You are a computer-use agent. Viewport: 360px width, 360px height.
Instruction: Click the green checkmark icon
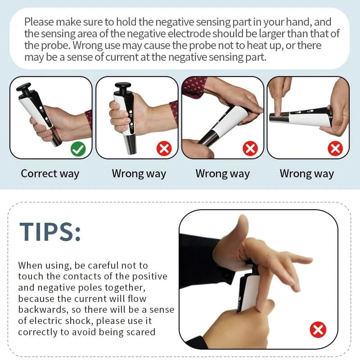pos(78,149)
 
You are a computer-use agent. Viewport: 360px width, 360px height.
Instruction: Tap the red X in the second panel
pos(164,148)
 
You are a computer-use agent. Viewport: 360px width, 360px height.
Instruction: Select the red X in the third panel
pos(250,148)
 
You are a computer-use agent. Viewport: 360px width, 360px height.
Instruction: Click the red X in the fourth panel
pos(335,148)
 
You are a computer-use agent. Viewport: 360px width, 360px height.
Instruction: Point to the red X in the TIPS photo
pos(318,330)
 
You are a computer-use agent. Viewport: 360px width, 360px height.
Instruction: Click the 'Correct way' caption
pos(50,174)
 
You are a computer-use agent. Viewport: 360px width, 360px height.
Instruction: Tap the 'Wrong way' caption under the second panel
pos(139,174)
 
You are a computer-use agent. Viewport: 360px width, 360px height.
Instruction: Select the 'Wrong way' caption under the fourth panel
pos(307,174)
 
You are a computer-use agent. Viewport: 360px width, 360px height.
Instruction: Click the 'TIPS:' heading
pos(50,232)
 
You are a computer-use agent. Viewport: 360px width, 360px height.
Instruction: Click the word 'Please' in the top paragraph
pos(39,22)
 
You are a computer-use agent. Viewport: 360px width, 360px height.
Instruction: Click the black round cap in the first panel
pos(24,87)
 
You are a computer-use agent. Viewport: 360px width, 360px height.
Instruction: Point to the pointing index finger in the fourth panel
pos(280,97)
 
